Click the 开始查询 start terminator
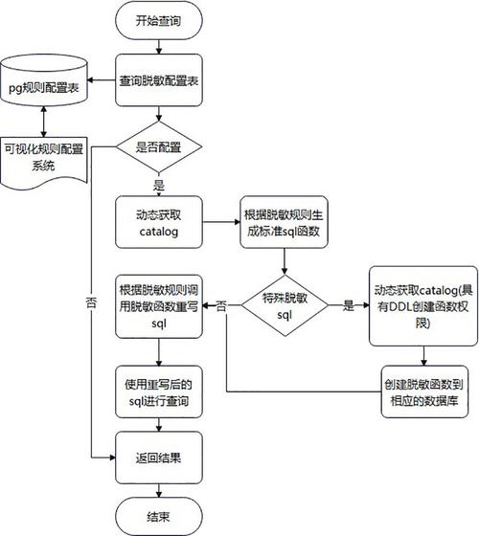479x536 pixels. pyautogui.click(x=159, y=20)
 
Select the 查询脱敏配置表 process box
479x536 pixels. pyautogui.click(x=159, y=80)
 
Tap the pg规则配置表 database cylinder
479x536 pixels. pyautogui.click(x=44, y=80)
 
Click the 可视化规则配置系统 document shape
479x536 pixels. pyautogui.click(x=44, y=163)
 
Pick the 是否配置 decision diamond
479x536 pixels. pyautogui.click(x=159, y=147)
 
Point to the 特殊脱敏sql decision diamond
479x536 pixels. pyautogui.click(x=285, y=305)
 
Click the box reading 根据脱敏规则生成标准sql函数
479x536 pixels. pyautogui.click(x=284, y=222)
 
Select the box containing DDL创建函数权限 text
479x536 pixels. pyautogui.click(x=423, y=306)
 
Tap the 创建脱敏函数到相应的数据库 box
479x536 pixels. pyautogui.click(x=424, y=391)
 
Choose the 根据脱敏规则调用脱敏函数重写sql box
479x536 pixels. pyautogui.click(x=159, y=306)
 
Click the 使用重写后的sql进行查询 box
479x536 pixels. pyautogui.click(x=159, y=391)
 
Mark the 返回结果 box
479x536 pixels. pyautogui.click(x=159, y=458)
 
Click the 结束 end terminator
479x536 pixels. pyautogui.click(x=159, y=516)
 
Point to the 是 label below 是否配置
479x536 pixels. pyautogui.click(x=159, y=185)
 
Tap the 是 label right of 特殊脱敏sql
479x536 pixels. pyautogui.click(x=349, y=305)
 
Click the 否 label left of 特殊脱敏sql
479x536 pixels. pyautogui.click(x=221, y=306)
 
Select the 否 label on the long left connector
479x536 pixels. pyautogui.click(x=91, y=302)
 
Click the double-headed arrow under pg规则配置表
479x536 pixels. pyautogui.click(x=43, y=122)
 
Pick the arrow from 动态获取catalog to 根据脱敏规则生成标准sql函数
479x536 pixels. pyautogui.click(x=221, y=222)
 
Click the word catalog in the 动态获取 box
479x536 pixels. pyautogui.click(x=159, y=232)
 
